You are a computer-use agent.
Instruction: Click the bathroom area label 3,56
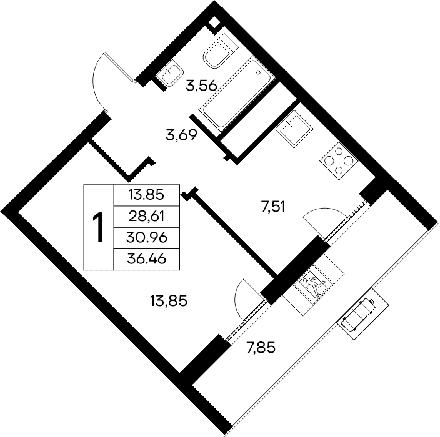tap(201, 86)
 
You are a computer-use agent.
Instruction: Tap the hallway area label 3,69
tap(181, 135)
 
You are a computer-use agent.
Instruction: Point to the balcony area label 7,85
tap(261, 348)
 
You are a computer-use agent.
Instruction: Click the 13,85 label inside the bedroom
tap(169, 302)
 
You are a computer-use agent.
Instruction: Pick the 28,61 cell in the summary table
tap(146, 217)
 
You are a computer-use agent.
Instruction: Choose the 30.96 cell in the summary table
tap(147, 238)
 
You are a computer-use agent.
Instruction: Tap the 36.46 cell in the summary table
tap(147, 259)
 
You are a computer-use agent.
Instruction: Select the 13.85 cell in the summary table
tap(146, 195)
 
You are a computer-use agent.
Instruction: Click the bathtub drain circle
tap(258, 73)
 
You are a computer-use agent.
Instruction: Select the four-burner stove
tap(339, 161)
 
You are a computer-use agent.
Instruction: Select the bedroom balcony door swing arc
tap(239, 298)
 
